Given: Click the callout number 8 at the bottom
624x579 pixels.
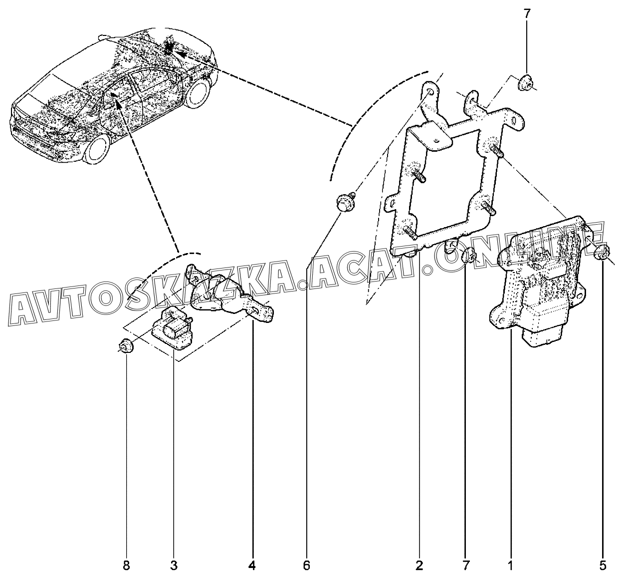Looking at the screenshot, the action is tap(126, 566).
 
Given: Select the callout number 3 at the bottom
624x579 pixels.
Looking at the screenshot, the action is tap(174, 566).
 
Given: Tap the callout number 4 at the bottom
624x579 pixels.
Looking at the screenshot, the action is tap(252, 566).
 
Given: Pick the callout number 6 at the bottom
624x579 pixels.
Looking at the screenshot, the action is tap(306, 566).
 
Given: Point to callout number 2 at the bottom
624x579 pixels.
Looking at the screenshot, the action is tap(419, 566).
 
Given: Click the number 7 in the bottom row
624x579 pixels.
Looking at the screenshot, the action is tap(466, 566).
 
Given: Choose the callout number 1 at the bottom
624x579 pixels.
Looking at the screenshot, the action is tap(510, 566).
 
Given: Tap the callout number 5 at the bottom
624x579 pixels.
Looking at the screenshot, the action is tap(603, 566).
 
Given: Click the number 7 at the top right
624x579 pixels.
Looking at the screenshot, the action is tap(527, 14).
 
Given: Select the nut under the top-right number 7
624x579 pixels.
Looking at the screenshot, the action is tap(525, 83).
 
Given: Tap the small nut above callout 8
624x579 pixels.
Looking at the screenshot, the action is tap(126, 346).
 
